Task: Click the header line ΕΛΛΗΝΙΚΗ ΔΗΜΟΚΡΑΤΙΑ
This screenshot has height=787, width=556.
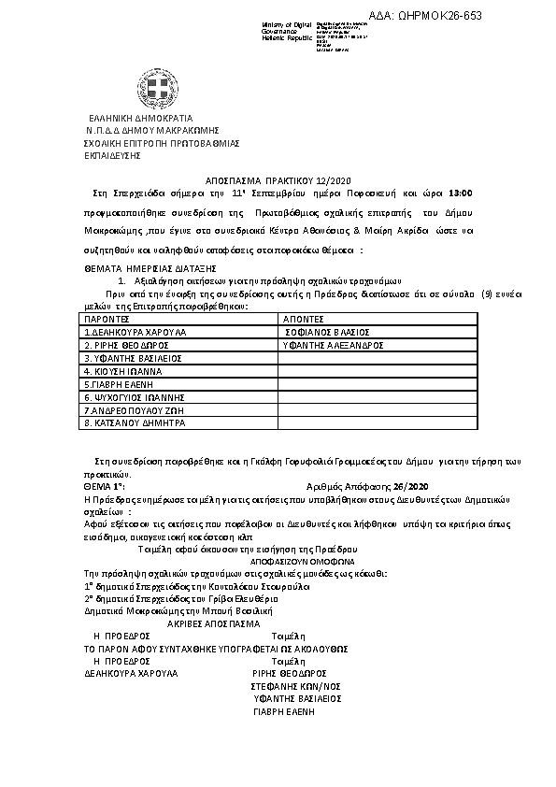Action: pos(140,119)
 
